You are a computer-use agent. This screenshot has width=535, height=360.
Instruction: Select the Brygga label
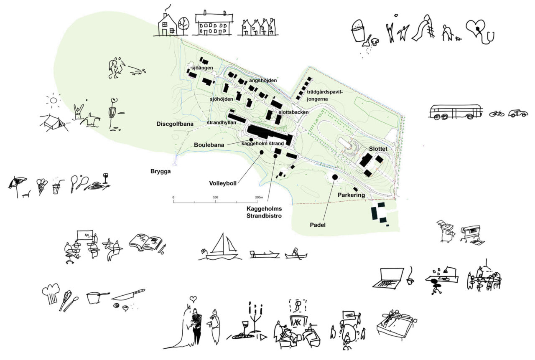click(x=160, y=171)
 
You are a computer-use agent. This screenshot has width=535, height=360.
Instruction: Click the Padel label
click(x=318, y=225)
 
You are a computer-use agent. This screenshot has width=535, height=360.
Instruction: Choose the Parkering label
click(x=351, y=195)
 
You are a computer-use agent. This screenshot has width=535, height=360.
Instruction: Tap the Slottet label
click(x=379, y=149)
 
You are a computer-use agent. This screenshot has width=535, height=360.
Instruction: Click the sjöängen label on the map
click(x=202, y=68)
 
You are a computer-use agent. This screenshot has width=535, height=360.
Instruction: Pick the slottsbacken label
click(x=293, y=112)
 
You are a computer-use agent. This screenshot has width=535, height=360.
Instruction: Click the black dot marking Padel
click(x=335, y=177)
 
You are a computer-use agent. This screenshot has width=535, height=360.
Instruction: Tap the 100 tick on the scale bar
click(x=216, y=197)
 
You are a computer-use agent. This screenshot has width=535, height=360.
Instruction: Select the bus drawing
click(x=455, y=112)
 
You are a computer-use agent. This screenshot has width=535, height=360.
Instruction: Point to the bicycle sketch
click(x=497, y=113)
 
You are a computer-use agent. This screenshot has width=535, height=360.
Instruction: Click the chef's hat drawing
click(x=50, y=293)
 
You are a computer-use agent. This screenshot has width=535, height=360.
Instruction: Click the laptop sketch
click(x=387, y=278)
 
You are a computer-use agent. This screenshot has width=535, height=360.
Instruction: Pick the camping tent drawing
click(x=53, y=121)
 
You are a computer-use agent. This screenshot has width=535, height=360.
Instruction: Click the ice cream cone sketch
click(x=42, y=186)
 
